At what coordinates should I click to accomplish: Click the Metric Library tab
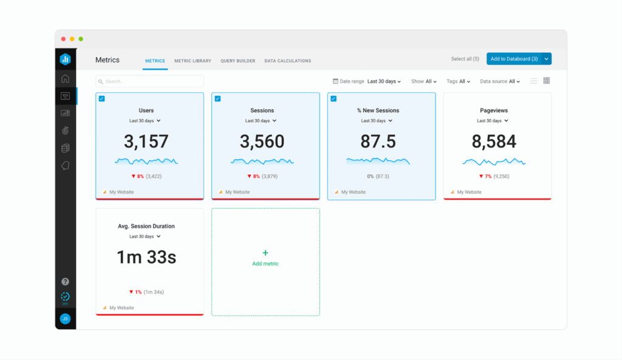[193, 61]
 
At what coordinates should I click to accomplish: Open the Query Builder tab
[238, 61]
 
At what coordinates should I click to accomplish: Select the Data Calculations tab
[287, 61]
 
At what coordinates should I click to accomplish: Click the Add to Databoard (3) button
[514, 59]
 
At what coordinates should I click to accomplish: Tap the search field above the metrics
[149, 81]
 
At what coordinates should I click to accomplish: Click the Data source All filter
[500, 81]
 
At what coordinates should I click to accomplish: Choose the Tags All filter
[459, 81]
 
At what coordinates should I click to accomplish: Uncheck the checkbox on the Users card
[101, 99]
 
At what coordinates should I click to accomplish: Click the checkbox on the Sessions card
[217, 99]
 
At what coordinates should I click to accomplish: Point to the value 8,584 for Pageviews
[494, 141]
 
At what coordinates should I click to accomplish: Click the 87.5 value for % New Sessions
[378, 141]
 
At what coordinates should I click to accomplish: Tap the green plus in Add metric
[265, 253]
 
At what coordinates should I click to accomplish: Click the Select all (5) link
[465, 59]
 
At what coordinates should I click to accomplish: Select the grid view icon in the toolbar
[547, 81]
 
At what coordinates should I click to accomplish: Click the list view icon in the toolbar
[533, 81]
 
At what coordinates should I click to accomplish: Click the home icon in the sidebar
[65, 78]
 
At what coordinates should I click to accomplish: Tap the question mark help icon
[65, 282]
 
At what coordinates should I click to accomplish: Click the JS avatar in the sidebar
[65, 319]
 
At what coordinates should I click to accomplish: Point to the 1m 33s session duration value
[146, 257]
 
